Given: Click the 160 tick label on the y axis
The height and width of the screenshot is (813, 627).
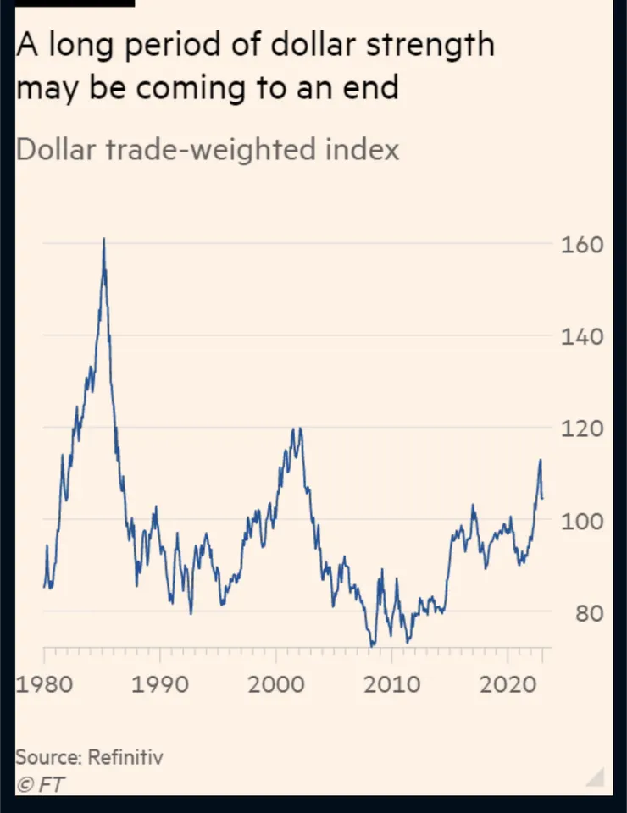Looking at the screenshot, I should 584,245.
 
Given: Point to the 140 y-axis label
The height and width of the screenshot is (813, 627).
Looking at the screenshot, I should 584,337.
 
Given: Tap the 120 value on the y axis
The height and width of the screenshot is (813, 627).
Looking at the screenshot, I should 584,429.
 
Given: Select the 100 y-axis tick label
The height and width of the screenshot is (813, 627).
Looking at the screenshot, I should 584,521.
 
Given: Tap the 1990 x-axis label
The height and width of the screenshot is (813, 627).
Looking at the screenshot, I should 160,683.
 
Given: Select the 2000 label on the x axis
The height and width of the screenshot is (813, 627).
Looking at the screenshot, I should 276,683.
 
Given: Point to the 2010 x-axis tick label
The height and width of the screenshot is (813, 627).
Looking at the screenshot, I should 391,683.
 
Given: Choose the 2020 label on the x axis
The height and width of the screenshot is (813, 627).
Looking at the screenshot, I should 507,683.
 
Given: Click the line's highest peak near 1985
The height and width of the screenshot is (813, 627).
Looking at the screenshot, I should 103,240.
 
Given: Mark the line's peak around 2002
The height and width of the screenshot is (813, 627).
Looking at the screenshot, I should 299,429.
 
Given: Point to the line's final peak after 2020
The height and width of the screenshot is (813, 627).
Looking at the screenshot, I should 540,461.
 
